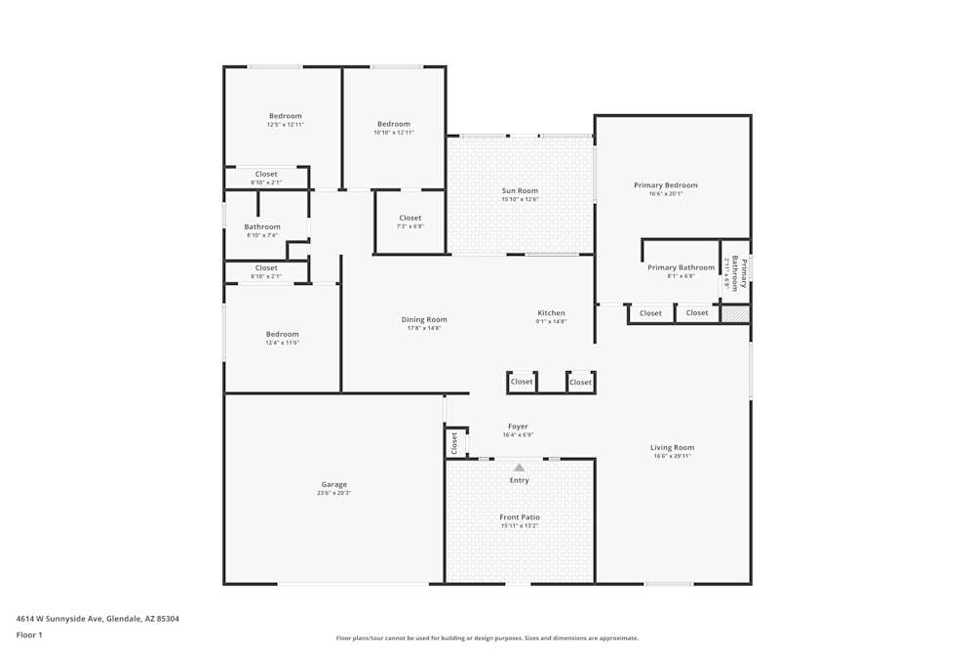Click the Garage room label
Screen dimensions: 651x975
(x=334, y=484)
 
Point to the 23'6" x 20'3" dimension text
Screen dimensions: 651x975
(x=334, y=493)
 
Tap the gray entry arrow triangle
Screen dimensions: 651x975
(x=520, y=468)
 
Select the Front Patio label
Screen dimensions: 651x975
(x=520, y=517)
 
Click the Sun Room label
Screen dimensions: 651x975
(x=520, y=190)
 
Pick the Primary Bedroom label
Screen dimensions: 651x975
(x=666, y=184)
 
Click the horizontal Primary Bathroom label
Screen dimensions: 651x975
(x=681, y=267)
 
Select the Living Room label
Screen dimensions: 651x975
(x=673, y=447)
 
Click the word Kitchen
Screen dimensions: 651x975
(x=551, y=313)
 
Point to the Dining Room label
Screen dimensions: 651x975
(x=424, y=319)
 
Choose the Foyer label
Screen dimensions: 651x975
(x=518, y=427)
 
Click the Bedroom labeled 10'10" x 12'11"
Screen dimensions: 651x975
(x=394, y=124)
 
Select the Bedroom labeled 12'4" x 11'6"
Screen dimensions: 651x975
(x=283, y=334)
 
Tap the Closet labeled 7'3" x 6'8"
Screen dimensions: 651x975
(x=410, y=218)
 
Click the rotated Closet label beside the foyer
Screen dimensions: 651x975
(x=454, y=443)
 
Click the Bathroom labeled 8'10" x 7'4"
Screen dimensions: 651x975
(x=262, y=226)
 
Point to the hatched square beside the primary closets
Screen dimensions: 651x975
(x=735, y=313)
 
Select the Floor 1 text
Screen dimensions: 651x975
(x=29, y=634)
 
